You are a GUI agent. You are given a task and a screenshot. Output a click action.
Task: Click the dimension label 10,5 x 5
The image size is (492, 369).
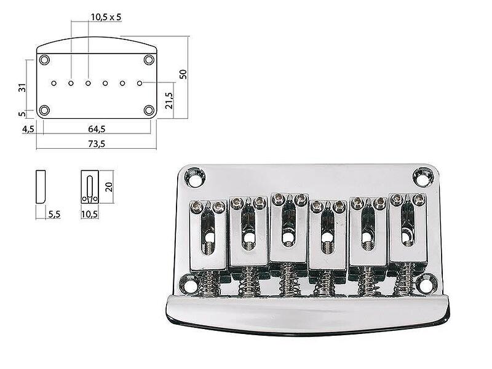pos(106,17)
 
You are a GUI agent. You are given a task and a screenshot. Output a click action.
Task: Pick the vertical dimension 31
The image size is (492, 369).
pos(22,88)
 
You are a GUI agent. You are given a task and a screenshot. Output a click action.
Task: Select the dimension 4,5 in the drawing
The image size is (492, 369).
pos(28,129)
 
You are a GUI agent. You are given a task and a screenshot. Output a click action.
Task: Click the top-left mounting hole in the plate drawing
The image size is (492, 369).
pos(44,60)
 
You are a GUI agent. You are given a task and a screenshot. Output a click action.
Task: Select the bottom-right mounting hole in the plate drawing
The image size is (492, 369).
pos(149,110)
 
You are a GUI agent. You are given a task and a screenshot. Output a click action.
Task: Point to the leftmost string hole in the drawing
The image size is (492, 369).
pos(54,82)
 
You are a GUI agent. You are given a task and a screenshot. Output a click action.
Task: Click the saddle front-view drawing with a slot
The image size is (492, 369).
pos(90,187)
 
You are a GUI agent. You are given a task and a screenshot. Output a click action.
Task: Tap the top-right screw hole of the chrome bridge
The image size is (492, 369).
pos(423,177)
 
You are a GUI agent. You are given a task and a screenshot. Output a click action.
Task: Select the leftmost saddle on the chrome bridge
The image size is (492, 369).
pos(208,234)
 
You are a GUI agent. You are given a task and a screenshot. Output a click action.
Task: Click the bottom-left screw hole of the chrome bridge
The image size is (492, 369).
pos(190,285)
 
